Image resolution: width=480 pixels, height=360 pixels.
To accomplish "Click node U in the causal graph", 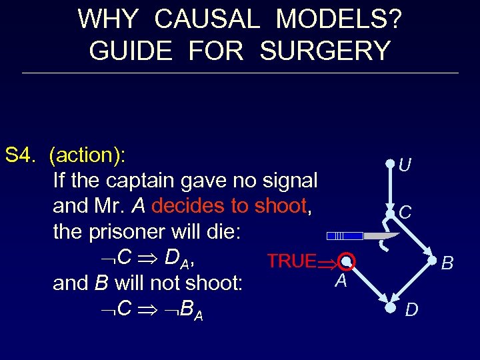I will tap(390, 163).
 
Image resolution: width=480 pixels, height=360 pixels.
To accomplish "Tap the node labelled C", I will tap(390, 212).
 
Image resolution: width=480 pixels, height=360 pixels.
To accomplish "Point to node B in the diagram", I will tap(435, 261).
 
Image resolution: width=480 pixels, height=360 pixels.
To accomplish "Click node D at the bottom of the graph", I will tap(390, 308).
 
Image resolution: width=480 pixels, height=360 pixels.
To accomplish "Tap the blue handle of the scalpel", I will tap(345, 236).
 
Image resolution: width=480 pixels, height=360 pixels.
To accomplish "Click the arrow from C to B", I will tap(413, 237).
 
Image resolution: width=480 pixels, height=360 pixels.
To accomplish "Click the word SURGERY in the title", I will tap(325, 51).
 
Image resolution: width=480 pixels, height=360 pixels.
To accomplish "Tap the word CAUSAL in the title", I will tap(207, 19).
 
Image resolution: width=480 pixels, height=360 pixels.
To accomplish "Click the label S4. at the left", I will tap(21, 155).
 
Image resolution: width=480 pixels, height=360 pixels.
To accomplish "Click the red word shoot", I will tap(280, 206).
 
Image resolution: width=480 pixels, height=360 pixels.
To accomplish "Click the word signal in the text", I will tap(283, 181).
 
